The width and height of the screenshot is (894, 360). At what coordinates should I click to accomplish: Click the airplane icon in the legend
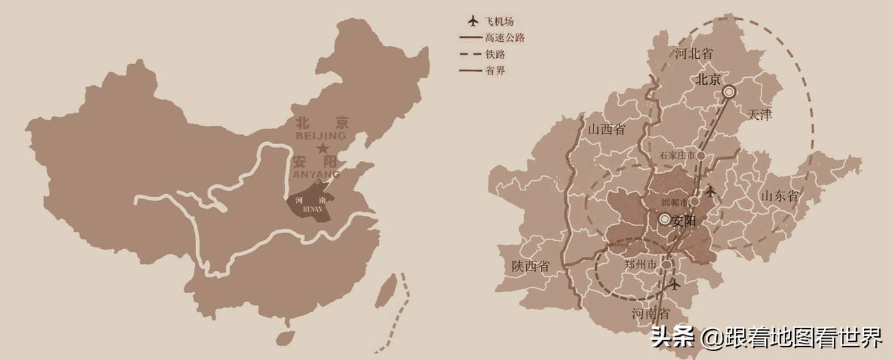pos(474,21)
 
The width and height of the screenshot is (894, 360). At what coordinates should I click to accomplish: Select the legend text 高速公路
pos(506,38)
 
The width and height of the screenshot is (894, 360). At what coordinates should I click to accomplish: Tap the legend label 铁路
pos(496,54)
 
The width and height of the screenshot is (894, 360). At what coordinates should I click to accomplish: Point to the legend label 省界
pos(496,70)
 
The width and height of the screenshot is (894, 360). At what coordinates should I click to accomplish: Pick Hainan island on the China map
pos(285,338)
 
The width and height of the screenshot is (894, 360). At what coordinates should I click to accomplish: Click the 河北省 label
pos(693,54)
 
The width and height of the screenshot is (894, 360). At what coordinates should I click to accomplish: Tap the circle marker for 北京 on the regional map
pos(729,92)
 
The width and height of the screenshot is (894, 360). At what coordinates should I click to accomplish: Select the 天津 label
pos(760,115)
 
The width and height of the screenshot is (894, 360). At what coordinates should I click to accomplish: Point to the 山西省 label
pos(606,130)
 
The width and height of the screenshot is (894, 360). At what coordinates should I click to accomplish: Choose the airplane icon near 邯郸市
pos(710,191)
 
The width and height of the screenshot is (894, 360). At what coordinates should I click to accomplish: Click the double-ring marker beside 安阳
pos(665,220)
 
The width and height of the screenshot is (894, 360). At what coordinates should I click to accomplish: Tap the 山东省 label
pos(780,196)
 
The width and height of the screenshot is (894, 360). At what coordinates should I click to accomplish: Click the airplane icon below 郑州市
pos(674,284)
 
